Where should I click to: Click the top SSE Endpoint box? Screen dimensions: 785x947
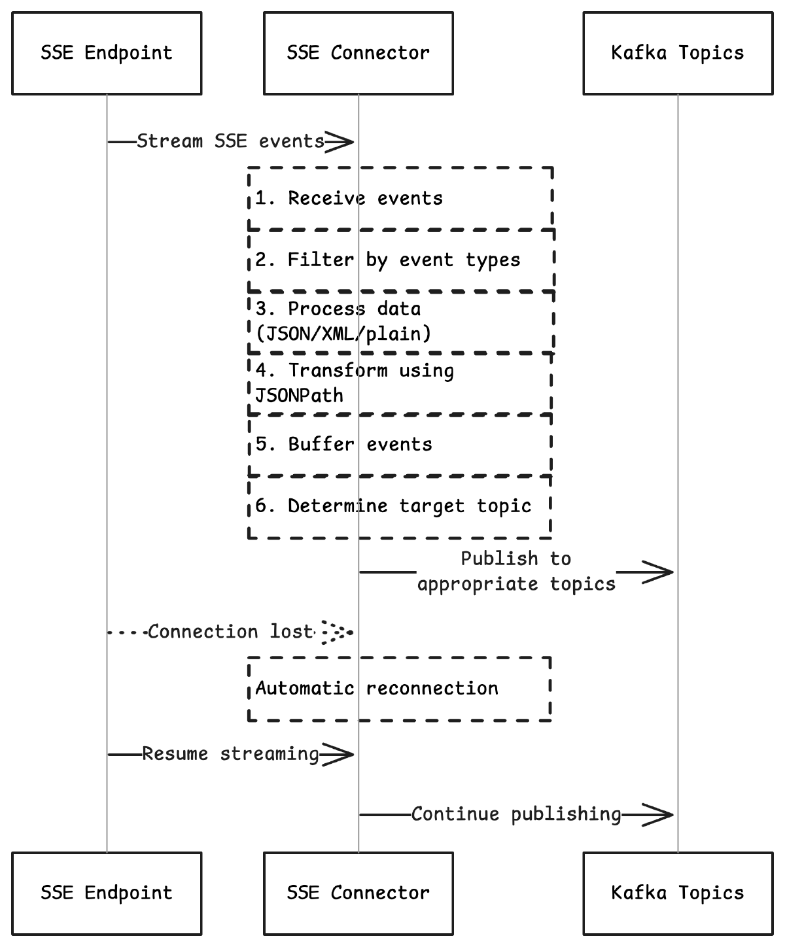(107, 53)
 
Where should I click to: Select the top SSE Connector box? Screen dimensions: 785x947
(358, 53)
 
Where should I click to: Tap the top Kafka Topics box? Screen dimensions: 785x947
(678, 53)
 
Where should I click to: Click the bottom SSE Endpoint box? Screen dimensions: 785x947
(107, 893)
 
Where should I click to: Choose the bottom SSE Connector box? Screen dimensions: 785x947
(358, 893)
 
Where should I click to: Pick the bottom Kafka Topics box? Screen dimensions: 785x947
(678, 893)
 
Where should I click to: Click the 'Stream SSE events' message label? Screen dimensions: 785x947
(230, 141)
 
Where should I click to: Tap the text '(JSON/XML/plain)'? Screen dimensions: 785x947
(343, 334)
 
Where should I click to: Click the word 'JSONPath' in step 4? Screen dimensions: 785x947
(299, 396)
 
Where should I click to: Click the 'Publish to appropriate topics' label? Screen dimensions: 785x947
(516, 572)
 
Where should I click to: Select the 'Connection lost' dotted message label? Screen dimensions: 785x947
(231, 632)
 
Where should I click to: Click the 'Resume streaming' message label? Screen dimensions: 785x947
(230, 754)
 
